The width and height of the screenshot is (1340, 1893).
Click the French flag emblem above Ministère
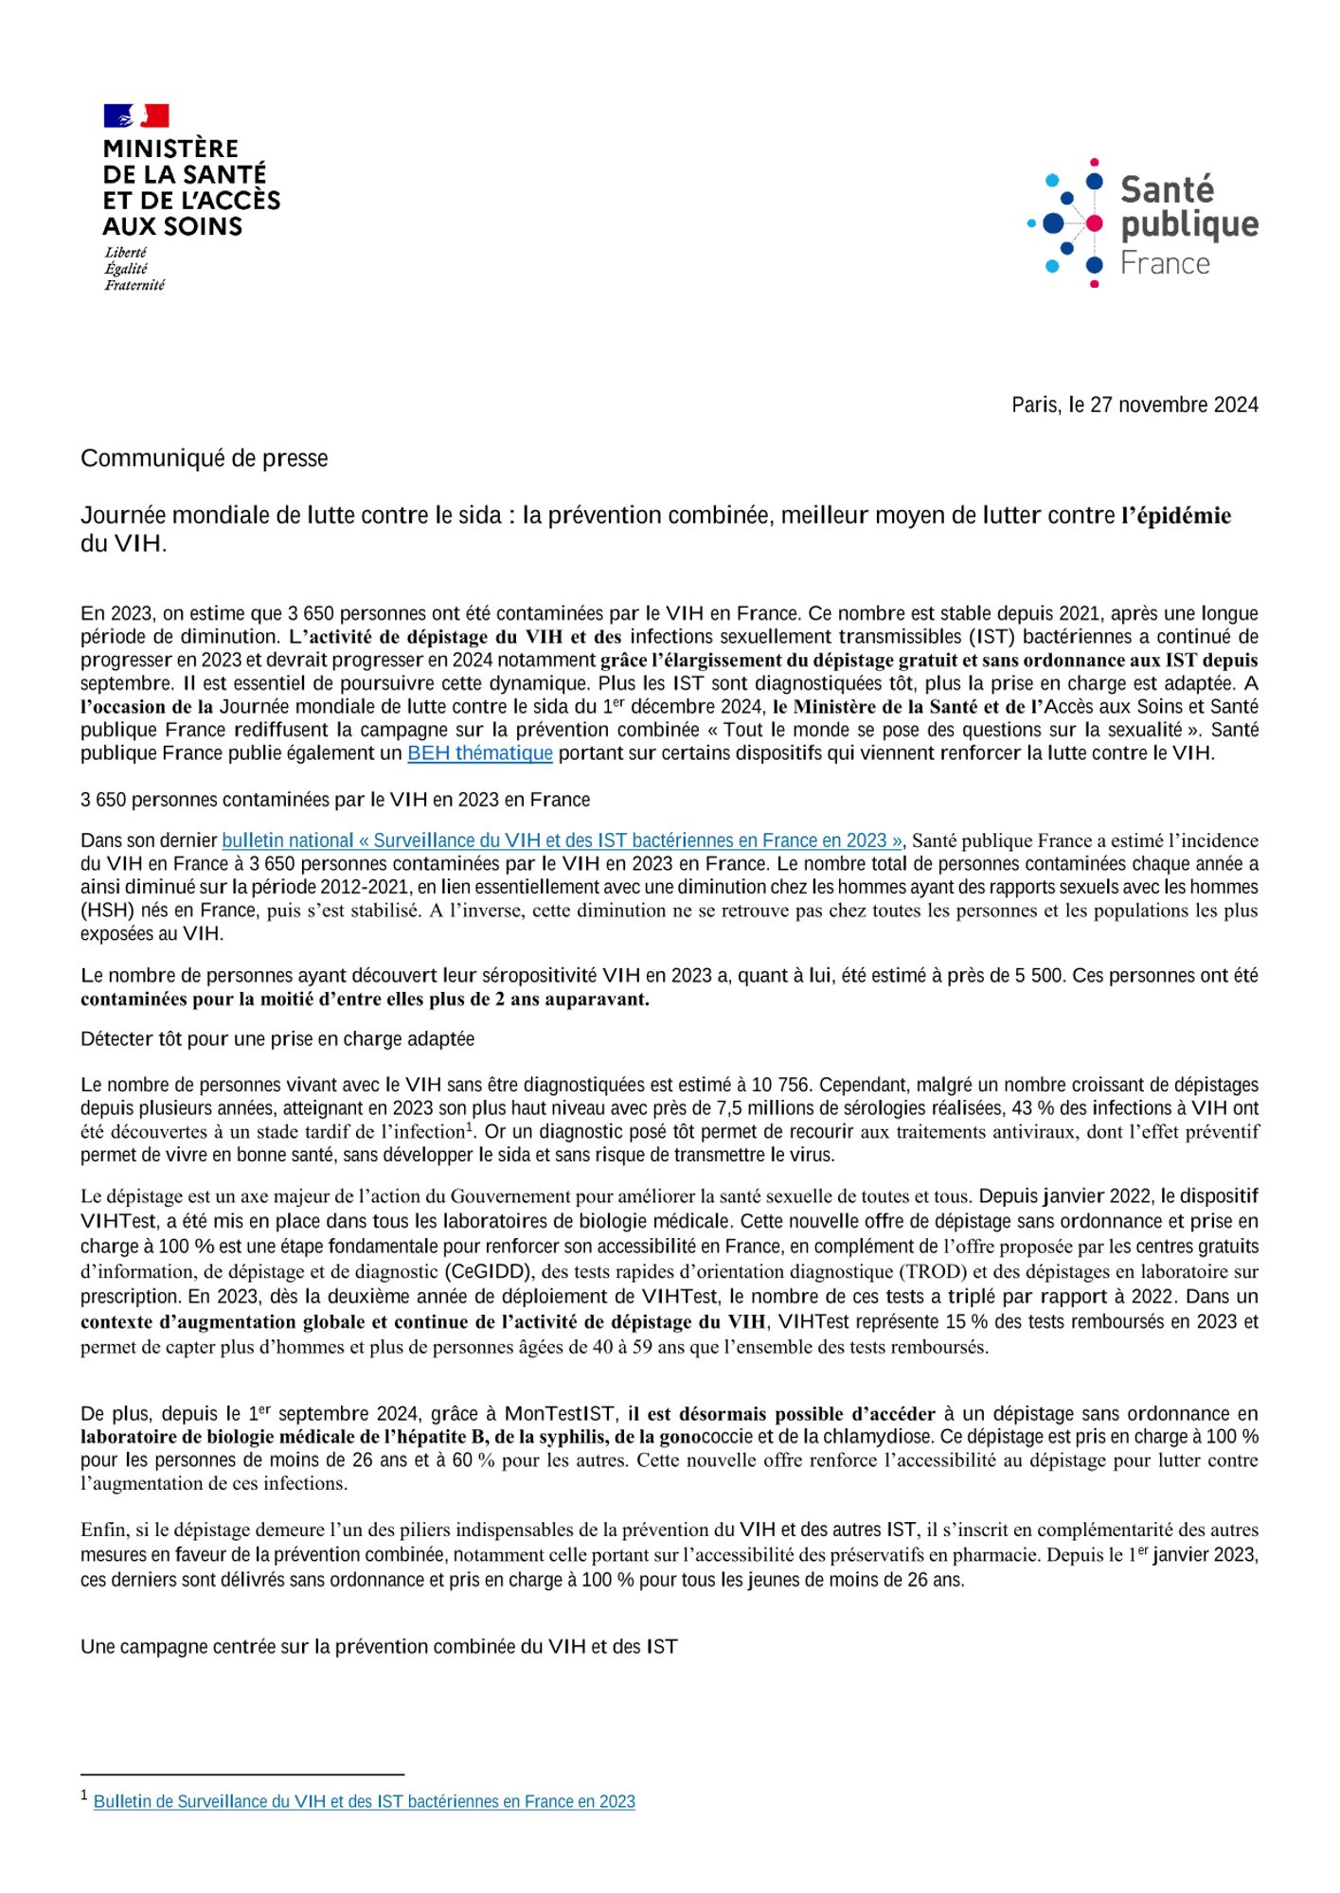pyautogui.click(x=136, y=115)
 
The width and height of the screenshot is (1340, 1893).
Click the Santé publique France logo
pyautogui.click(x=1143, y=223)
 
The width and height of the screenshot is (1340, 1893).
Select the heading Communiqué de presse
pyautogui.click(x=205, y=459)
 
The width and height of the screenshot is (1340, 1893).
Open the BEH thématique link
pyautogui.click(x=480, y=753)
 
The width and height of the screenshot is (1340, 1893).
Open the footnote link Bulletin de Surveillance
pyautogui.click(x=364, y=1801)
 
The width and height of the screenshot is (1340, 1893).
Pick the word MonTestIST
pyautogui.click(x=560, y=1414)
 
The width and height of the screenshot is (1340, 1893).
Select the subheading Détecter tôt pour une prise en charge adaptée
pyautogui.click(x=277, y=1039)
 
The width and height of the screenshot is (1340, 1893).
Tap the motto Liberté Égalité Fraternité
pyautogui.click(x=134, y=269)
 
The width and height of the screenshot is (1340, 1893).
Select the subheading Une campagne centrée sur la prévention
pyautogui.click(x=379, y=1647)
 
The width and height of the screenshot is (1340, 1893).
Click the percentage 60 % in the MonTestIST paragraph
pyautogui.click(x=473, y=1460)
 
